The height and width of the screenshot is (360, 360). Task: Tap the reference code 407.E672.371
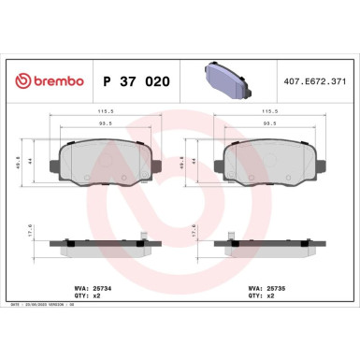click(319, 82)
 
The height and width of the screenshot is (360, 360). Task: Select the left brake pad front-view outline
click(103, 163)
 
